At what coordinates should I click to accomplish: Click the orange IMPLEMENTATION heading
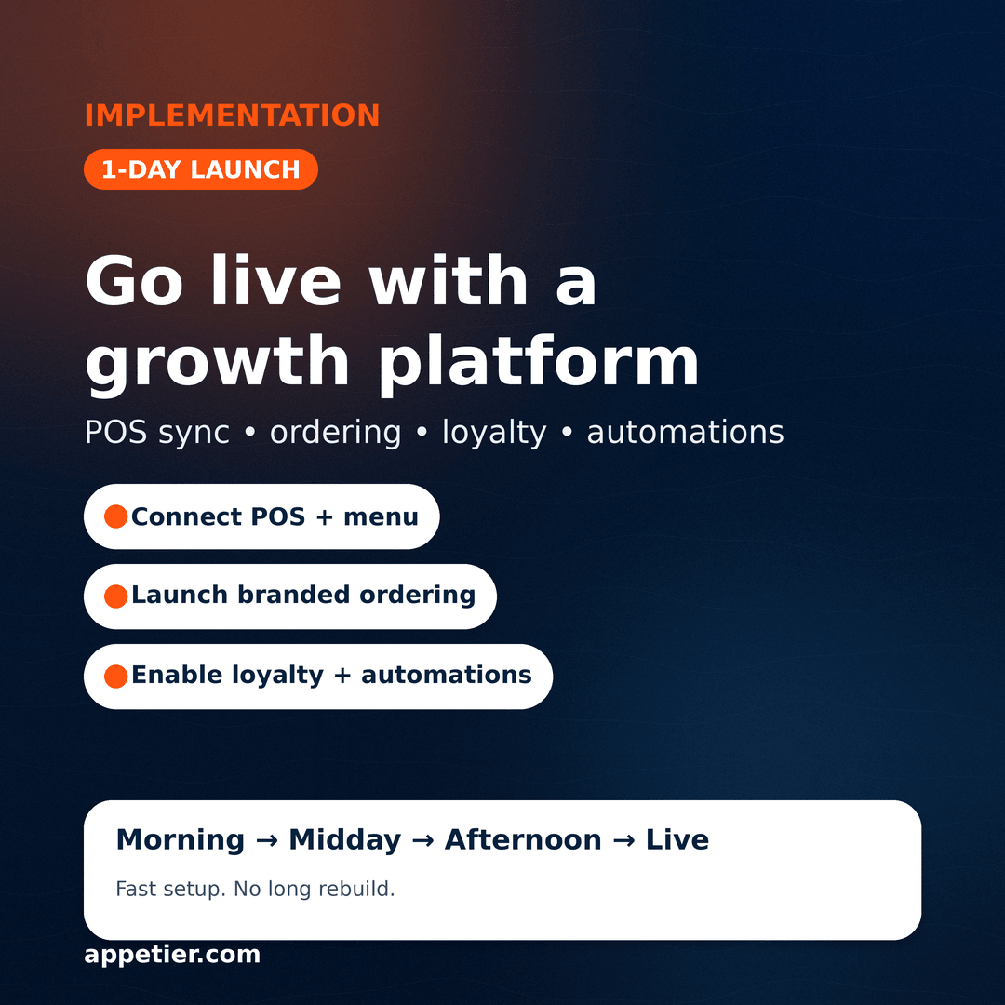pyautogui.click(x=232, y=115)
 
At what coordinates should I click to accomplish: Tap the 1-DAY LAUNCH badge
pyautogui.click(x=201, y=169)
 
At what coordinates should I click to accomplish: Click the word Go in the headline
pyautogui.click(x=134, y=281)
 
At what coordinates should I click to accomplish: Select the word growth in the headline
pyautogui.click(x=217, y=363)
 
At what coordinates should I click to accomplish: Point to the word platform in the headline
pyautogui.click(x=538, y=361)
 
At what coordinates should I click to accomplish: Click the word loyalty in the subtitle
pyautogui.click(x=494, y=433)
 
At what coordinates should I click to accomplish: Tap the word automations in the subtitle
pyautogui.click(x=685, y=433)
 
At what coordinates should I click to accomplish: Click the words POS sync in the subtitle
pyautogui.click(x=156, y=433)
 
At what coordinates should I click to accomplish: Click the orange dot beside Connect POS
pyautogui.click(x=116, y=516)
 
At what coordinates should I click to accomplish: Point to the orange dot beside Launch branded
pyautogui.click(x=116, y=596)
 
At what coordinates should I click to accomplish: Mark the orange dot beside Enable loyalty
pyautogui.click(x=116, y=677)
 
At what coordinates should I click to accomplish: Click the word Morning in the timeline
pyautogui.click(x=180, y=840)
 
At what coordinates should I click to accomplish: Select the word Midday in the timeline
pyautogui.click(x=344, y=840)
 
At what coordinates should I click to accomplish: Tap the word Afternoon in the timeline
pyautogui.click(x=523, y=840)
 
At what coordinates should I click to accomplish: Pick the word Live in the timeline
pyautogui.click(x=677, y=840)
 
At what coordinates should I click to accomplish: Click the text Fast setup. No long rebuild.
pyautogui.click(x=255, y=890)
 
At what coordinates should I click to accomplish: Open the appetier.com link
pyautogui.click(x=172, y=955)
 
